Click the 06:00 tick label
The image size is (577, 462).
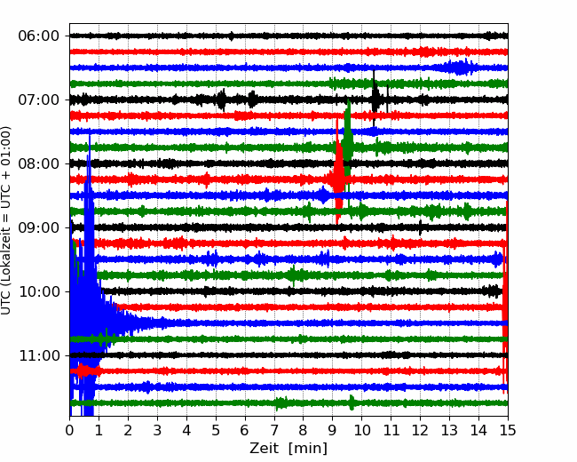click(39, 36)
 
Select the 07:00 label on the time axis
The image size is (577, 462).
click(39, 100)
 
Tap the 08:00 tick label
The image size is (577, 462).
click(39, 163)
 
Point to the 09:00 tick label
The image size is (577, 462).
click(39, 227)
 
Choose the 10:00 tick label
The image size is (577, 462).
click(39, 291)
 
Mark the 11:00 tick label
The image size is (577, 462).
click(39, 355)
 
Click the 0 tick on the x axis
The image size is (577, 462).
click(69, 430)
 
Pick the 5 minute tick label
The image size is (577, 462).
click(216, 430)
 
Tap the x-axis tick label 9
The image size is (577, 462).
click(332, 430)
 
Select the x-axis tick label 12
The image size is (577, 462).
click(420, 430)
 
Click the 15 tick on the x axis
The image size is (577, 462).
click(508, 430)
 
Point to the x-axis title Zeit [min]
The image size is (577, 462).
click(288, 449)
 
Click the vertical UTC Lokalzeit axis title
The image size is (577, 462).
click(5, 220)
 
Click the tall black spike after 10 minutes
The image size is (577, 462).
click(375, 98)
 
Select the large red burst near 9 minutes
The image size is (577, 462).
click(338, 171)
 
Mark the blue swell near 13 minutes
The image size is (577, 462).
click(458, 68)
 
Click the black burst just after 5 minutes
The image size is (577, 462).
click(222, 100)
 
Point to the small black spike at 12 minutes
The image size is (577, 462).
click(420, 227)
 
